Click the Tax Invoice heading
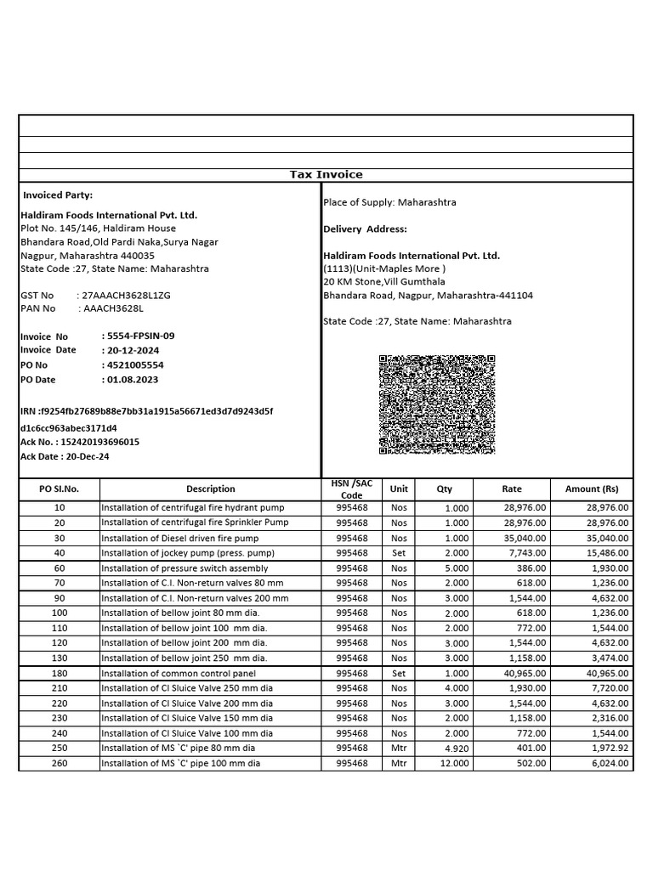(326, 174)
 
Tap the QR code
(437, 404)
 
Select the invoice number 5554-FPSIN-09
(138, 336)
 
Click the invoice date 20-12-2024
(133, 350)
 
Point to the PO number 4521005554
(135, 364)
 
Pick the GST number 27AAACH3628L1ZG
(126, 295)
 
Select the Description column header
(210, 489)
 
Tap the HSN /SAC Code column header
(351, 489)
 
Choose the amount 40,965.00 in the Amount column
(607, 673)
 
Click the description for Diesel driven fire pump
(179, 538)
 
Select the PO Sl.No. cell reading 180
(60, 673)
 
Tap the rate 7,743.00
(525, 553)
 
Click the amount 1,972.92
(607, 748)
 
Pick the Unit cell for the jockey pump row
(399, 553)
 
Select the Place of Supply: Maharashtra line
(389, 202)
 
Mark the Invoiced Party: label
(58, 195)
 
